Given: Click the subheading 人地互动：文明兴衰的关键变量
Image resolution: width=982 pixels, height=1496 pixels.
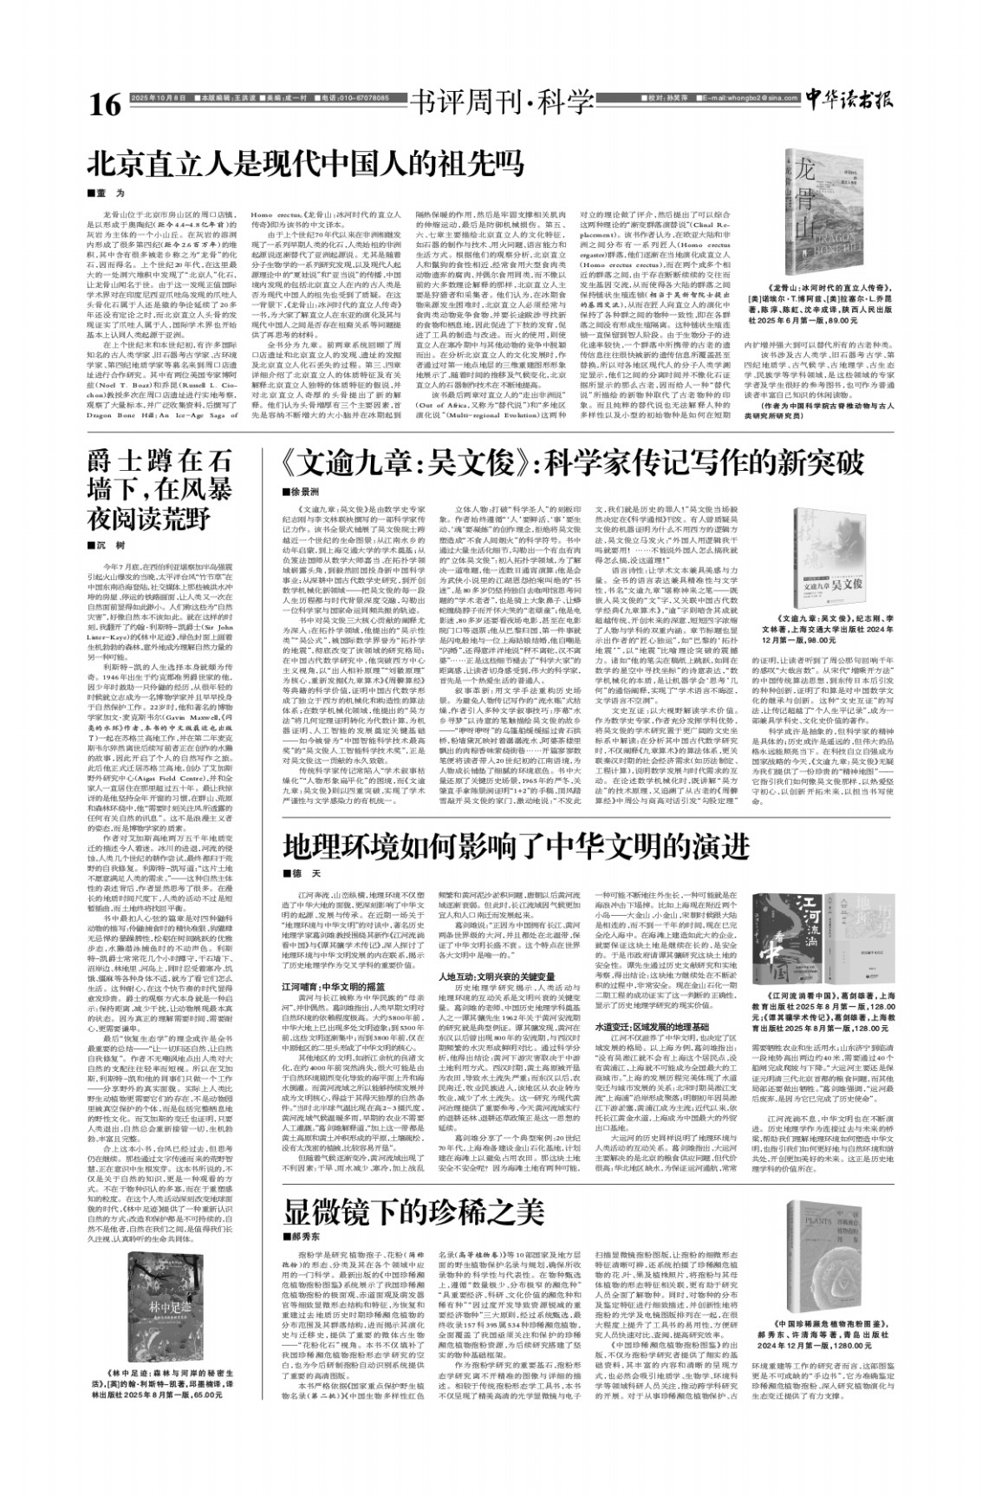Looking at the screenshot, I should click(492, 951).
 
